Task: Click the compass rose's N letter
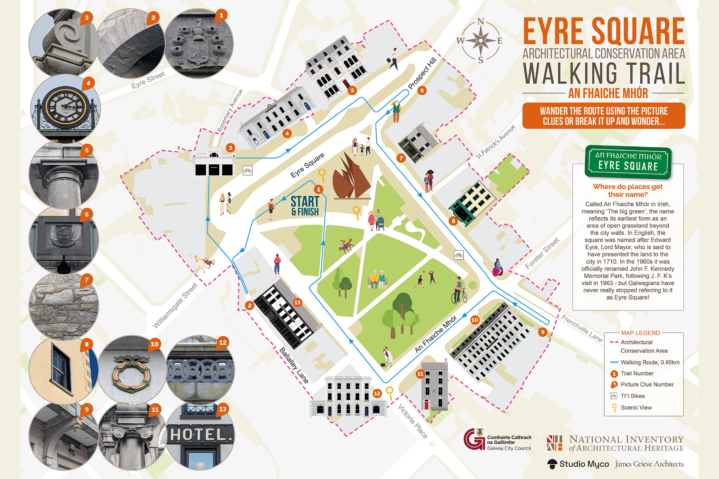click(x=481, y=22)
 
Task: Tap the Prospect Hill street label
click(x=422, y=73)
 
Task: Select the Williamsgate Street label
click(x=175, y=305)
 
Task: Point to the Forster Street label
click(x=542, y=253)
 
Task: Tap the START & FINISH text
click(x=305, y=206)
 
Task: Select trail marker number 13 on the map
click(x=297, y=303)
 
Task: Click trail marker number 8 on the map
click(x=453, y=221)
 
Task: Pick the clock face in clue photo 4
click(x=65, y=106)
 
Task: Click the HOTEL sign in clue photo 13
click(x=200, y=435)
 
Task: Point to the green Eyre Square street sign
click(x=628, y=162)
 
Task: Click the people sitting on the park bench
click(x=377, y=280)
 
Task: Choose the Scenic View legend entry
click(x=636, y=407)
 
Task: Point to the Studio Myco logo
click(x=578, y=464)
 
